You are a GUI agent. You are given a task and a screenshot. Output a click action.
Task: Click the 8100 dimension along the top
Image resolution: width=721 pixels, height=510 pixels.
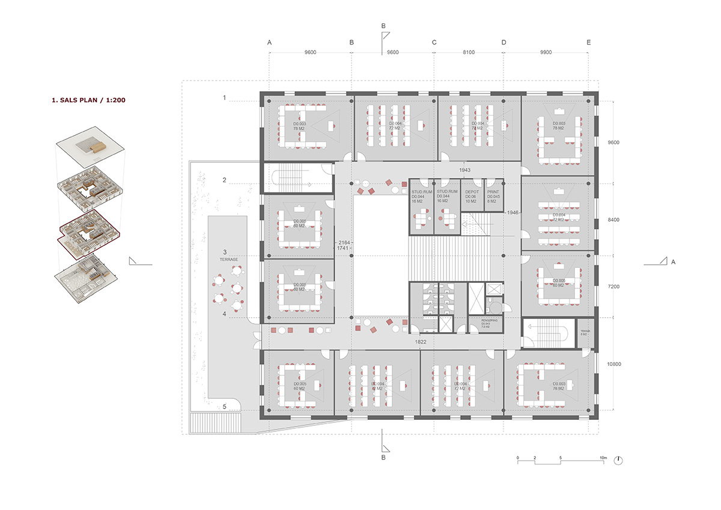click(469, 53)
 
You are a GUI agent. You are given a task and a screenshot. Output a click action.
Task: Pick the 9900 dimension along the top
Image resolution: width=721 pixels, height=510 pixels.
click(546, 53)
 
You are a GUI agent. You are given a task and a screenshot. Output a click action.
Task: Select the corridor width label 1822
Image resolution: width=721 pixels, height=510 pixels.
click(421, 342)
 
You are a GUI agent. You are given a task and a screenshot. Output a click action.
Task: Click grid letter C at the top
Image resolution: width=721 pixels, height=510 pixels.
click(434, 43)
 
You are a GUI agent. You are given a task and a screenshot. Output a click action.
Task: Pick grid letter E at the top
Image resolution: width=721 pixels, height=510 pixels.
click(589, 43)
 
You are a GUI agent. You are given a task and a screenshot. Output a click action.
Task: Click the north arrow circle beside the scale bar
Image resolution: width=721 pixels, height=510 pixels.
click(619, 460)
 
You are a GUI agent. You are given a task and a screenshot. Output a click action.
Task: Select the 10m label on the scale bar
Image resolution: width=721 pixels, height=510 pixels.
click(603, 458)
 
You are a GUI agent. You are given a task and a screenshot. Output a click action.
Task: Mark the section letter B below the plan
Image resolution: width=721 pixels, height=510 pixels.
click(383, 458)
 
